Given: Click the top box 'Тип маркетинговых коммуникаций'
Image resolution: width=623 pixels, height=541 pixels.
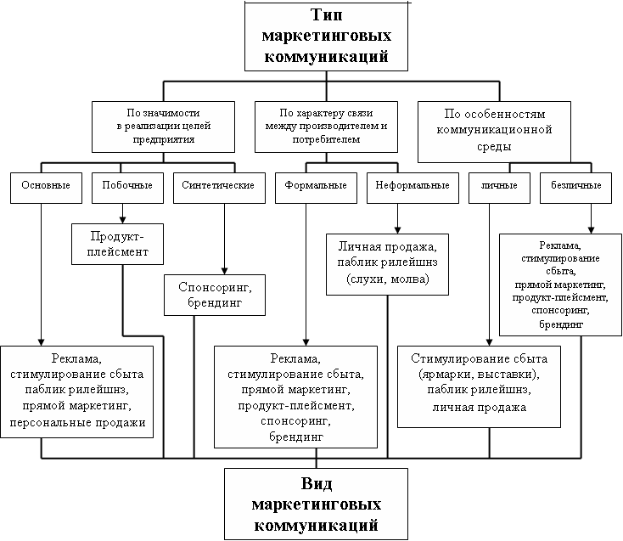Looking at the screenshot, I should (327, 37).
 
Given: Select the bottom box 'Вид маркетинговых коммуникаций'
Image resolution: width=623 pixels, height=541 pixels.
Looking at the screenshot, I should (315, 503).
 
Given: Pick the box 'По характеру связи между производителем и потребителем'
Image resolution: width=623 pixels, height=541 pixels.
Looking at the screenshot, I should (325, 126).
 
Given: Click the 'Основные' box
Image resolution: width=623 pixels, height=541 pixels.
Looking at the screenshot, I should (40, 185).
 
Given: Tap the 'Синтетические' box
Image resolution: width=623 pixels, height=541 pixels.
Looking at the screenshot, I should (218, 185).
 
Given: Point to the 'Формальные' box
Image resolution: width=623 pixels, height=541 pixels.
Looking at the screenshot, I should (304, 185).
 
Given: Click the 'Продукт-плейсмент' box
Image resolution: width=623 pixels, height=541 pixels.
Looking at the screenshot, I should (122, 243).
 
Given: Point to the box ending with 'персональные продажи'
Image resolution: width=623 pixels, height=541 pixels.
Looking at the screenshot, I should (78, 391).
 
